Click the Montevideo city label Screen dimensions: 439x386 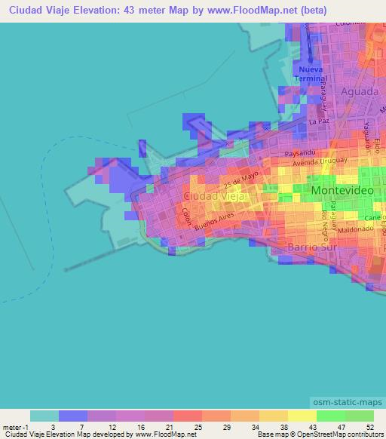click(342, 192)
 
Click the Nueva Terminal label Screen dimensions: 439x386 click(311, 74)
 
